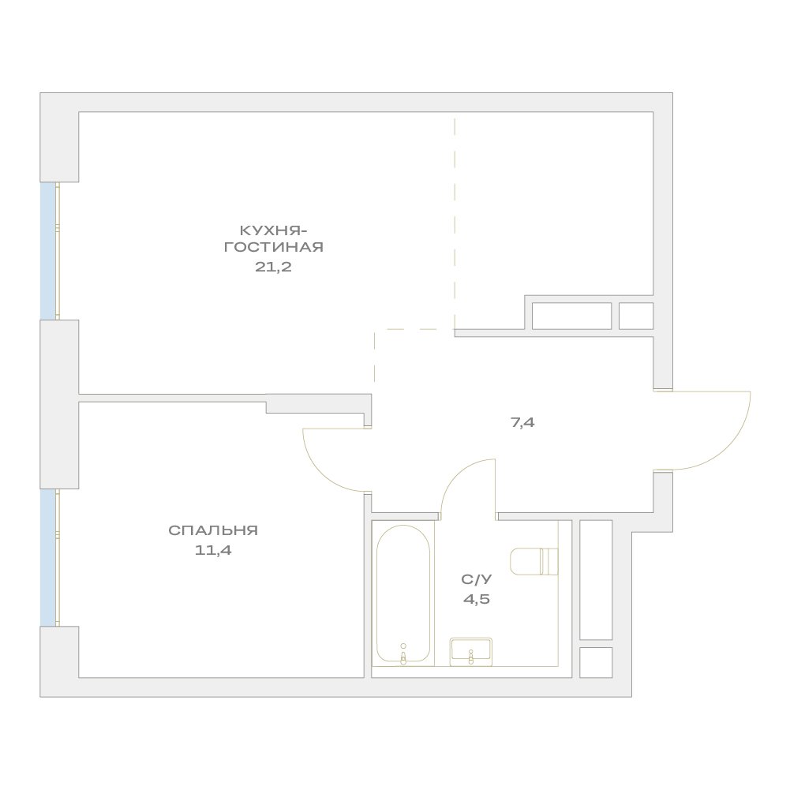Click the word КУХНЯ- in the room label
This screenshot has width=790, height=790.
[273, 230]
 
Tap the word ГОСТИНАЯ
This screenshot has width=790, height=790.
[274, 247]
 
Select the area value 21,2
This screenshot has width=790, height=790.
[273, 267]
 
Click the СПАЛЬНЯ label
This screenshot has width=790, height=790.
[213, 530]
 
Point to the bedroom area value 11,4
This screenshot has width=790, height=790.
[213, 550]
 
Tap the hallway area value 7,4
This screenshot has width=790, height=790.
[523, 423]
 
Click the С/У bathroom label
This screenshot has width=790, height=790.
[476, 579]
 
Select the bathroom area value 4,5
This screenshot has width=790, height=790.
[477, 600]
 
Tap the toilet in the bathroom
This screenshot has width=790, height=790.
[534, 562]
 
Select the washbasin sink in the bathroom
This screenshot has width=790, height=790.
[471, 651]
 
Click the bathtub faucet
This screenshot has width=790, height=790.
[403, 654]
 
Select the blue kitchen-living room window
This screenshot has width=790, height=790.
[47, 251]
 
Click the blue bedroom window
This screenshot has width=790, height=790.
[47, 557]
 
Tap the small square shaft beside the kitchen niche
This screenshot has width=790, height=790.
[636, 316]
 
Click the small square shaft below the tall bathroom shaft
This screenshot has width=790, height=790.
[596, 662]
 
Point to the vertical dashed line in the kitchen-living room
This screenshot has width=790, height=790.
[455, 223]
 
